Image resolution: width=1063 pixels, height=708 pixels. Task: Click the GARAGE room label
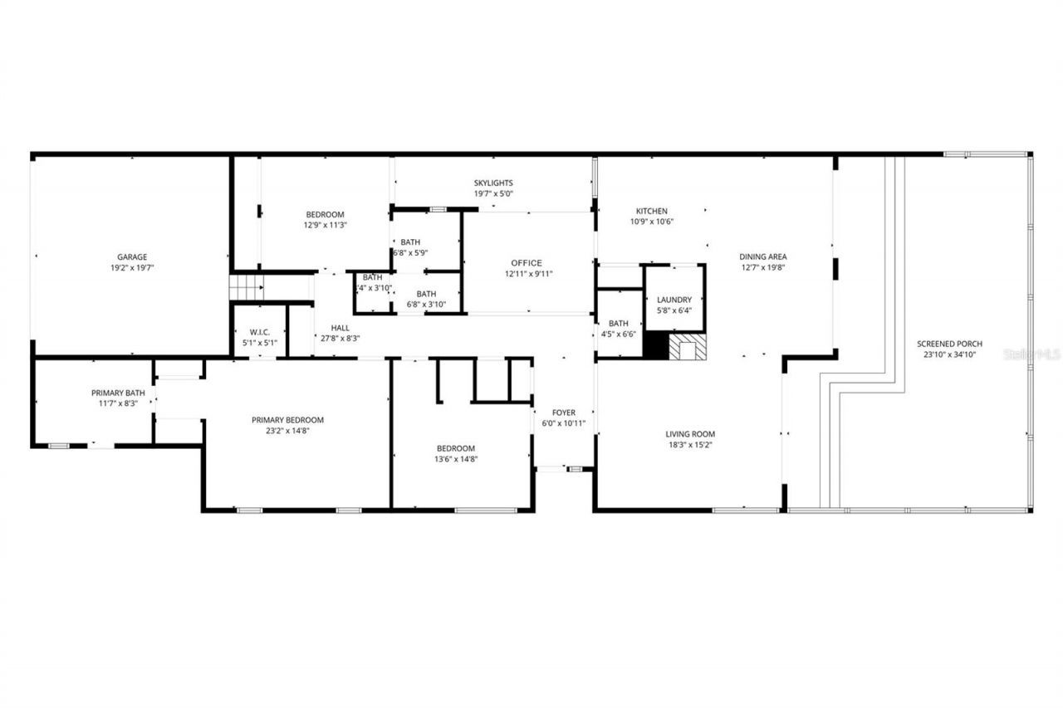click(132, 257)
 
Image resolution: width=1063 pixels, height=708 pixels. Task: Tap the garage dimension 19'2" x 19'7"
click(132, 268)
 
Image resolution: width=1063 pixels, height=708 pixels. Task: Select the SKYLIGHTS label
click(493, 183)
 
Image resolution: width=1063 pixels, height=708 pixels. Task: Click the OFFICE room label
click(527, 263)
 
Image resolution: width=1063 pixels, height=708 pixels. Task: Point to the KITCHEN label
click(652, 212)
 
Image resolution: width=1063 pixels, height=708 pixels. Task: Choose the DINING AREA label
click(763, 257)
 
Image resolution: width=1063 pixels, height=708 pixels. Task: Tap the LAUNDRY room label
click(674, 300)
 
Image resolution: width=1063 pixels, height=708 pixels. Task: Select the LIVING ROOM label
click(690, 434)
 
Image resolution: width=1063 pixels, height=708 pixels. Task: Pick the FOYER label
click(564, 413)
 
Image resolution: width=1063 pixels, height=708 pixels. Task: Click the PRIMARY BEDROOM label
click(287, 421)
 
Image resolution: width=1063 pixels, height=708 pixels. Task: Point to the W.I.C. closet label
click(260, 333)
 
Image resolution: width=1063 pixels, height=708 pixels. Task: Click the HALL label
click(340, 328)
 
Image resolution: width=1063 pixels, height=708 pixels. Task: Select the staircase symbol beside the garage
click(246, 288)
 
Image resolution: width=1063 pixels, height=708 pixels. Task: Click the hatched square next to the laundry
click(687, 347)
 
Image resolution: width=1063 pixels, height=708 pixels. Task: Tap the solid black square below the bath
click(656, 346)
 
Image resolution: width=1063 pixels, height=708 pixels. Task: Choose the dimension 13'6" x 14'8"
click(456, 459)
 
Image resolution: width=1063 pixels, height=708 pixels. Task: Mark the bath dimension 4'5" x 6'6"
click(618, 334)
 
